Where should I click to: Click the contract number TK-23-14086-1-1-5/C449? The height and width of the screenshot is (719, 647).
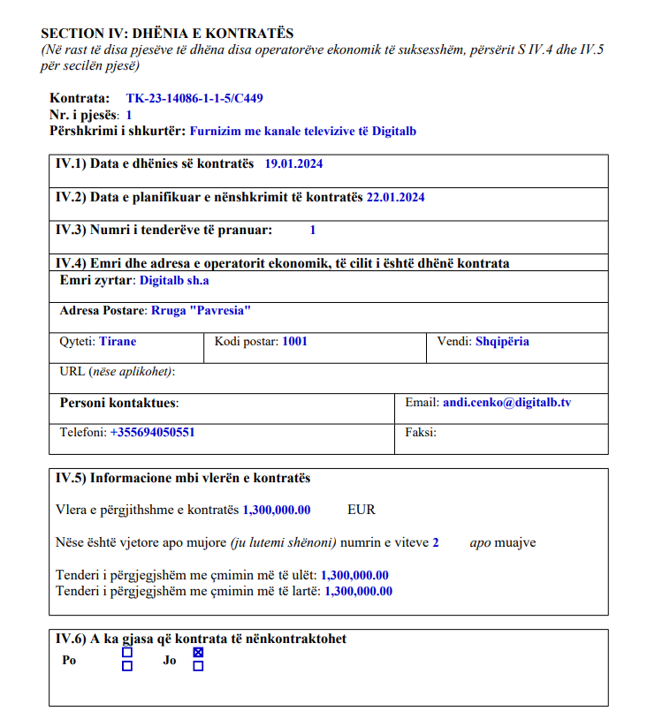click(x=194, y=99)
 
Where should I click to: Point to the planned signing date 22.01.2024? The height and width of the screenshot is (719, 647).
click(x=395, y=198)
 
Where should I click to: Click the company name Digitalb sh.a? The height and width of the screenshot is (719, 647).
click(x=175, y=281)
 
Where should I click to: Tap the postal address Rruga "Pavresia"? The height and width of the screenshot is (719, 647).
click(x=202, y=311)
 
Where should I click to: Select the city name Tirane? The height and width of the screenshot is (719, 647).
click(x=118, y=341)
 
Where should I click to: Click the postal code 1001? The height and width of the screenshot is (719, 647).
click(x=295, y=341)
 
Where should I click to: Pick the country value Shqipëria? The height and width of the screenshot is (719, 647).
click(x=502, y=341)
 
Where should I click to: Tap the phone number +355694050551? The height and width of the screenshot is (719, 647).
click(x=152, y=433)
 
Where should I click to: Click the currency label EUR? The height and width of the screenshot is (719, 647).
click(x=362, y=510)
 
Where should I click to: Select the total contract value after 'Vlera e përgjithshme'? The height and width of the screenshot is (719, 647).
click(x=277, y=510)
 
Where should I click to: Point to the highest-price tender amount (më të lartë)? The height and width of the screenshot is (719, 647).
click(x=359, y=591)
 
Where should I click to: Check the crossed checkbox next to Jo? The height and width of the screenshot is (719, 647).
click(x=198, y=653)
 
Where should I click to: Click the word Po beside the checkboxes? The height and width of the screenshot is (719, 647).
click(x=69, y=660)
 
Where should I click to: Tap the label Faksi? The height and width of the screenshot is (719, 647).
click(x=421, y=433)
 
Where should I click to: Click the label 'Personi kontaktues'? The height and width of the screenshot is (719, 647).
click(x=118, y=403)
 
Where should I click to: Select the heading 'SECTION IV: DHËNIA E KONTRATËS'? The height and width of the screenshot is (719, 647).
click(x=167, y=34)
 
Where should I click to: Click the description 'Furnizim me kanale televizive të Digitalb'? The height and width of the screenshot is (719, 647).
click(x=303, y=131)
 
